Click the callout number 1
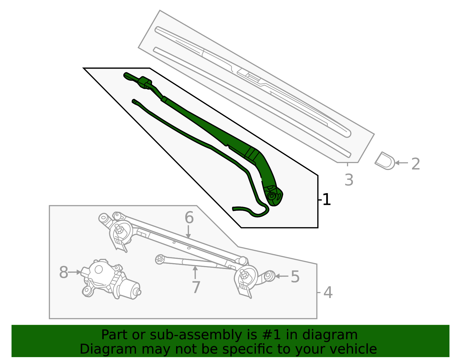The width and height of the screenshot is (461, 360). click(326, 199)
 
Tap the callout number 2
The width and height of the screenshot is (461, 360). click(415, 164)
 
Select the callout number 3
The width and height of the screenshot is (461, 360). click(349, 180)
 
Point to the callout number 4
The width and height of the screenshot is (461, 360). click(328, 293)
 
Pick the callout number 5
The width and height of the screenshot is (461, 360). click(295, 277)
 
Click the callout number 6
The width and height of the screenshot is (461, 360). click(189, 217)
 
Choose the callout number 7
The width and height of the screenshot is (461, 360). click(196, 287)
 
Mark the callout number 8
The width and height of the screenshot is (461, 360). click(63, 272)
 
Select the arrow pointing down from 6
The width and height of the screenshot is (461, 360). click(188, 232)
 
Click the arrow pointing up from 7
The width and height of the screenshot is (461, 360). click(195, 272)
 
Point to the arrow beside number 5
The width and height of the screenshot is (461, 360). click(281, 276)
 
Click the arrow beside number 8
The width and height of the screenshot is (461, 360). click(75, 272)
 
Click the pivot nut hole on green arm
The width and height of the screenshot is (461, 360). click(271, 196)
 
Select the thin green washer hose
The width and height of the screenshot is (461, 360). click(202, 141)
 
